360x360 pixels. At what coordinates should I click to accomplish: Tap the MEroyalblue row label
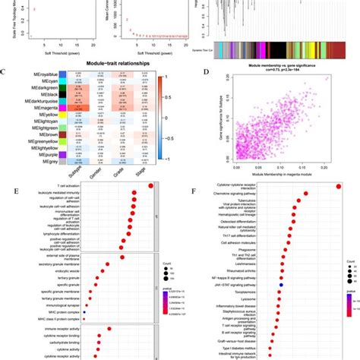pyautogui.click(x=35, y=74)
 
